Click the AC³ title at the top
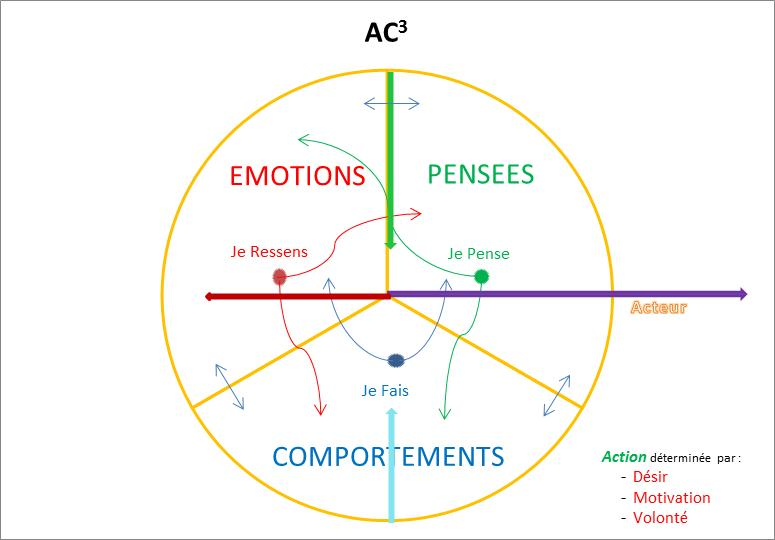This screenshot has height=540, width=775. (385, 33)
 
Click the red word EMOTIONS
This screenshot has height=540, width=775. (296, 176)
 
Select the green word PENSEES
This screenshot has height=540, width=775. (480, 175)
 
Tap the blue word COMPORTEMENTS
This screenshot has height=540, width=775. (388, 457)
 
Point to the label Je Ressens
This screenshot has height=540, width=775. (269, 252)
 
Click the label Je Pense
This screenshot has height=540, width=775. (478, 254)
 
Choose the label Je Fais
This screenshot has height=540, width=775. (385, 391)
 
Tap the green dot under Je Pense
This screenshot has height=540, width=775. (481, 276)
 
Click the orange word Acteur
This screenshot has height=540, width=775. (658, 308)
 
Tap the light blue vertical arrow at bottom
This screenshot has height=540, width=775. (391, 470)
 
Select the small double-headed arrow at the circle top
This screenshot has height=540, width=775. (392, 103)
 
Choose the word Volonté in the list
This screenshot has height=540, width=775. (660, 517)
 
